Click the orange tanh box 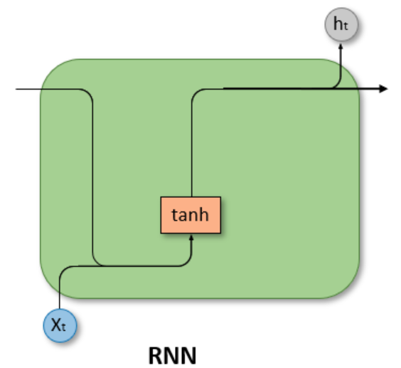click(x=191, y=215)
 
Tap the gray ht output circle click(x=341, y=25)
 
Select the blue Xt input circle click(x=60, y=325)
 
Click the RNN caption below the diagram click(x=172, y=355)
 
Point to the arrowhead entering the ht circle click(x=341, y=46)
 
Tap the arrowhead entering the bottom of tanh click(x=191, y=238)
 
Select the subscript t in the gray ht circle click(x=345, y=26)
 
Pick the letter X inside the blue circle click(x=56, y=325)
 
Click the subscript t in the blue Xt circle click(x=63, y=327)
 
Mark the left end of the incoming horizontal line click(x=16, y=89)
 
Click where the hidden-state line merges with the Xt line click(x=102, y=266)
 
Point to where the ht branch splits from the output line click(x=333, y=88)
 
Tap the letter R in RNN click(x=156, y=355)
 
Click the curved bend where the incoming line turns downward click(x=89, y=93)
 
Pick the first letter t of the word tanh click(x=175, y=215)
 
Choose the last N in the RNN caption click(x=188, y=355)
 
